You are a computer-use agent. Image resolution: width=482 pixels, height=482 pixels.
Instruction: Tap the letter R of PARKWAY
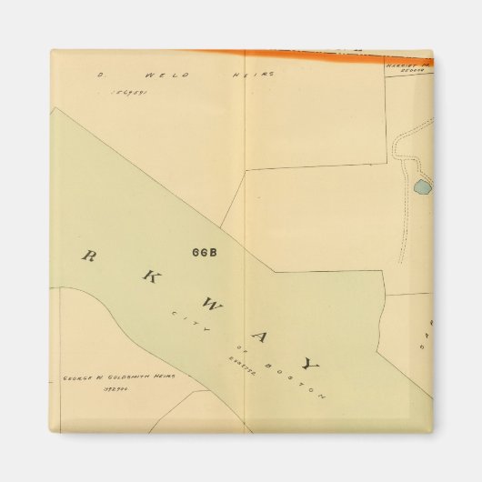point(89,256)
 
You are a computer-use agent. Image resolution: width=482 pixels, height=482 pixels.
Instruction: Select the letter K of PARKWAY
point(145,279)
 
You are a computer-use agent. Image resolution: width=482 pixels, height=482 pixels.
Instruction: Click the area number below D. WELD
point(126,92)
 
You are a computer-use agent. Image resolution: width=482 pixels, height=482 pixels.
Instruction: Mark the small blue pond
point(422,188)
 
